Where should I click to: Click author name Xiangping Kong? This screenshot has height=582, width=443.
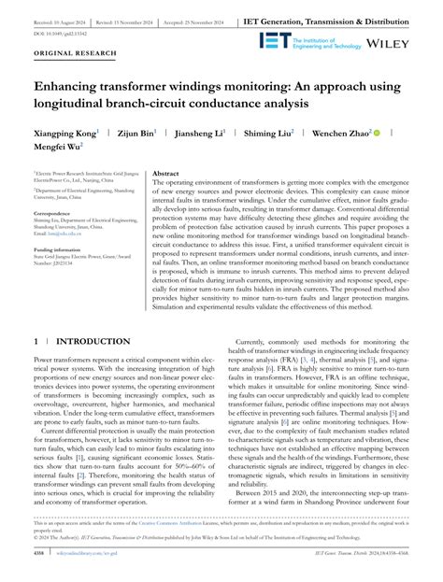69,135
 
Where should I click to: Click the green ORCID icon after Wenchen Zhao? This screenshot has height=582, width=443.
377,135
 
